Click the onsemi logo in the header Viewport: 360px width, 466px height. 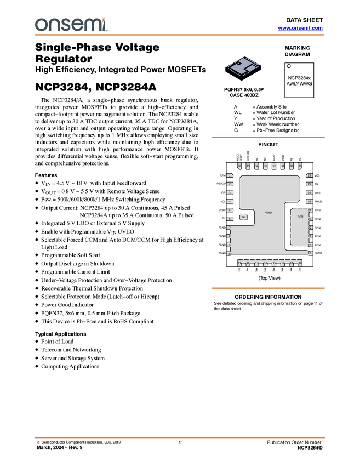71,25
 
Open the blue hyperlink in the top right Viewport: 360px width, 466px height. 300,28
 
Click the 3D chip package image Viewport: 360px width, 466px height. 243,69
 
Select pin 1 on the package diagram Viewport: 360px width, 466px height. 230,175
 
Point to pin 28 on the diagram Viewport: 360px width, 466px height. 310,175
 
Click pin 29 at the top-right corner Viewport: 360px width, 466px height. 300,166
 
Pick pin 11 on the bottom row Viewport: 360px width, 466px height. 239,264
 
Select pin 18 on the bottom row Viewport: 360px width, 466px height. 300,264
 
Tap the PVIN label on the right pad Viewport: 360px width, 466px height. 300,217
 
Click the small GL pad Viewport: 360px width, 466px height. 244,217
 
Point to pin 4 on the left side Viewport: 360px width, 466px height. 230,202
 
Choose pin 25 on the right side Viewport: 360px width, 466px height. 310,202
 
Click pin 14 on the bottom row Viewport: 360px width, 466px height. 265,264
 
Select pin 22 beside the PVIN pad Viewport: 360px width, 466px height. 310,228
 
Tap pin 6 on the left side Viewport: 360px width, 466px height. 230,219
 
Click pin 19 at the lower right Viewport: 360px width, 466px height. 310,253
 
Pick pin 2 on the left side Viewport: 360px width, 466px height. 230,184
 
